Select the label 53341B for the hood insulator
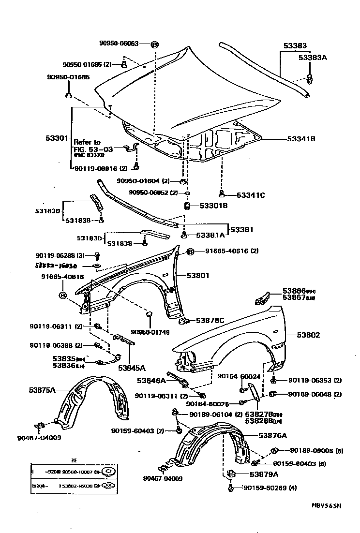pyautogui.click(x=301, y=138)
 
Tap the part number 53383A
pyautogui.click(x=313, y=58)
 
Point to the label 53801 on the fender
pyautogui.click(x=198, y=276)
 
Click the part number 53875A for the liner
pyautogui.click(x=43, y=389)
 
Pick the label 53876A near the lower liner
pyautogui.click(x=272, y=436)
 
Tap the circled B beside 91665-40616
pyautogui.click(x=190, y=252)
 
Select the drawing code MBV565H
pyautogui.click(x=326, y=506)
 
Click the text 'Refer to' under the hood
pyautogui.click(x=87, y=142)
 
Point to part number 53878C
pyautogui.click(x=210, y=320)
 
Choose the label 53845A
pyautogui.click(x=132, y=368)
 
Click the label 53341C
pyautogui.click(x=251, y=195)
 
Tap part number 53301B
pyautogui.click(x=213, y=206)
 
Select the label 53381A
pyautogui.click(x=211, y=235)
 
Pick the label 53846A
pyautogui.click(x=151, y=380)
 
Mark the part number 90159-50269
pyautogui.click(x=265, y=488)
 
